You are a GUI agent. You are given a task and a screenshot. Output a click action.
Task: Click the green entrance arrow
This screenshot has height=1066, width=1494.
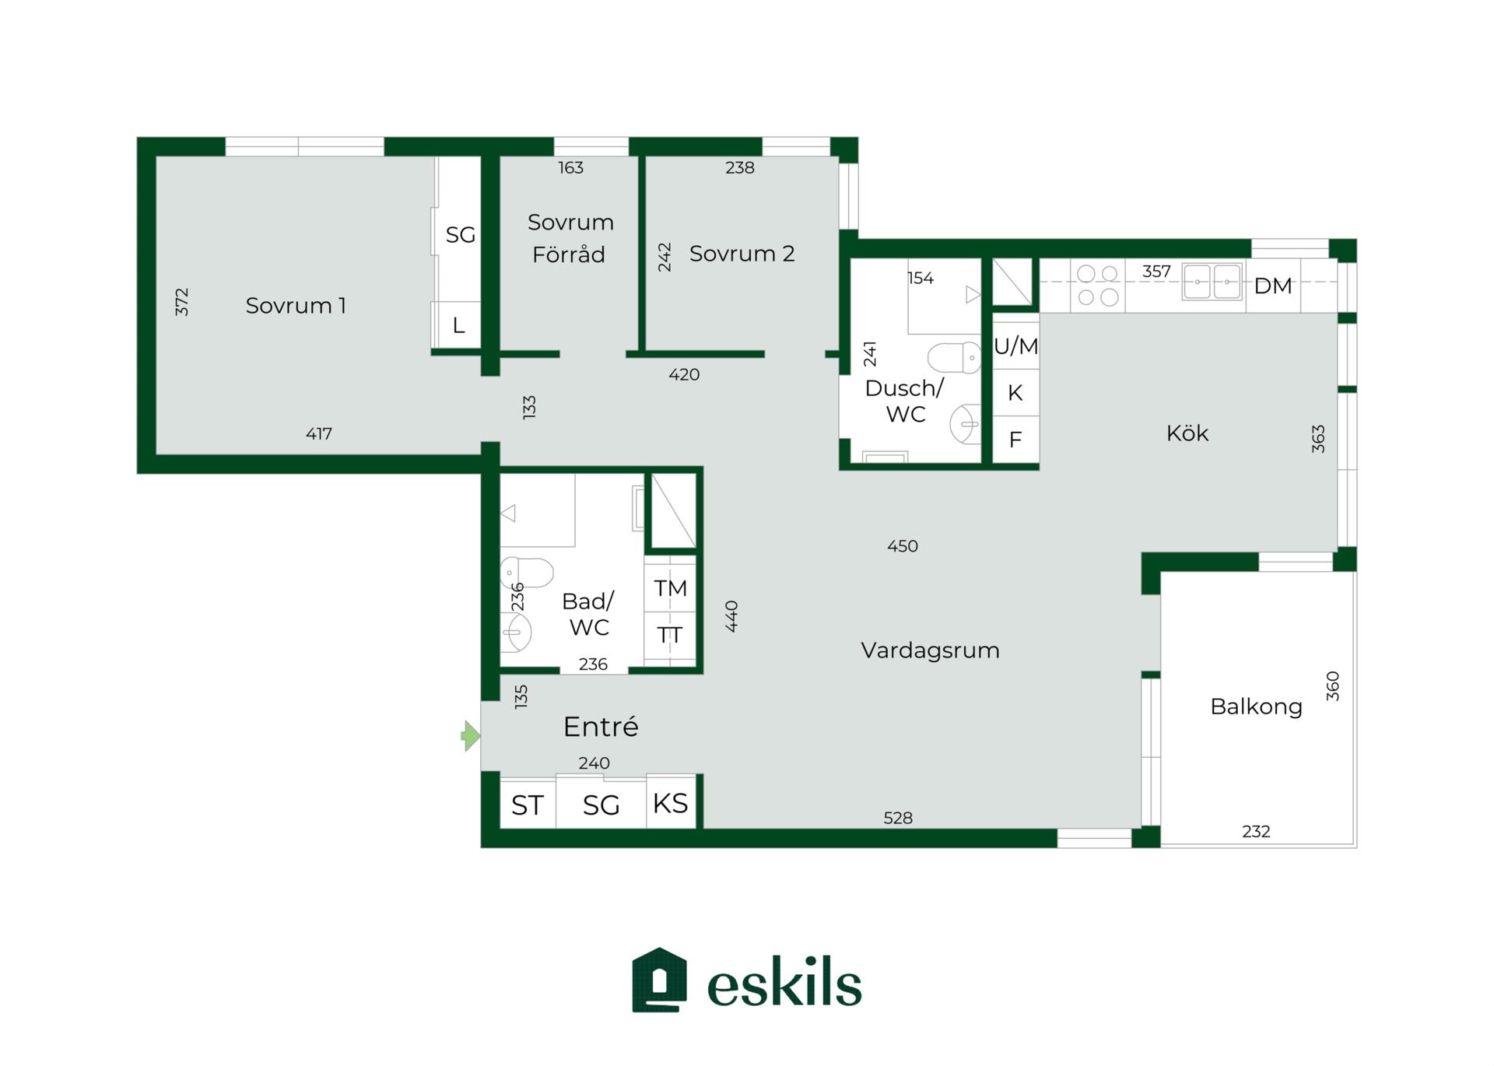(x=471, y=735)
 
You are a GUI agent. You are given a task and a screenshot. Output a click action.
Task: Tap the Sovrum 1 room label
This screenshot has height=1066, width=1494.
(x=296, y=306)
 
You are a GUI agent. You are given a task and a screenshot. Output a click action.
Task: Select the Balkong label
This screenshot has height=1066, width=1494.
(x=1256, y=707)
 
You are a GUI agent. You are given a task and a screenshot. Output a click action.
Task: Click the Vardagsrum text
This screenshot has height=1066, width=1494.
(x=930, y=650)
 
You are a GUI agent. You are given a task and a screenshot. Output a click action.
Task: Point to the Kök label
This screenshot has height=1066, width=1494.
(x=1187, y=433)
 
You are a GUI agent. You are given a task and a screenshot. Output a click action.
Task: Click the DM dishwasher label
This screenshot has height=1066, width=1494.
(x=1273, y=286)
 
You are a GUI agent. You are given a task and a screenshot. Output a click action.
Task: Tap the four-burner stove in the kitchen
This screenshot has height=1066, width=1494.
(x=1098, y=286)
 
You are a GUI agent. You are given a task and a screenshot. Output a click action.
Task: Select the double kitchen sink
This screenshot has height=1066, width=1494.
(x=1212, y=282)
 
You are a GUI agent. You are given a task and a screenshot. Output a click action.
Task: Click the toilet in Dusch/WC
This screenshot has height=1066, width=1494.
(x=954, y=358)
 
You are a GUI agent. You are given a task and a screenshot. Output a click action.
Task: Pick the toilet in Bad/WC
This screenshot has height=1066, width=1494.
(x=526, y=573)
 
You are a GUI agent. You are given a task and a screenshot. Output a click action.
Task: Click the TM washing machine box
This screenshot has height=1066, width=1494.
(x=670, y=588)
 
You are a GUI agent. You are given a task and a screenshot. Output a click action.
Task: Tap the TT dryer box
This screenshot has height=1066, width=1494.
(x=670, y=636)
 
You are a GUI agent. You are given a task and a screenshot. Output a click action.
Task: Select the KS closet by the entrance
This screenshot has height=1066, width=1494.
(x=671, y=803)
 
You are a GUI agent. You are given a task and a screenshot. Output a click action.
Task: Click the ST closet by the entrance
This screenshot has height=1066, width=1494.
(x=528, y=805)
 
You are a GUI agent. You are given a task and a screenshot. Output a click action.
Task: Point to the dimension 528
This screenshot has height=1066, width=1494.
(x=898, y=819)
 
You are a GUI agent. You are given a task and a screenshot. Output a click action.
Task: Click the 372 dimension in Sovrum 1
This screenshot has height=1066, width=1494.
(x=181, y=302)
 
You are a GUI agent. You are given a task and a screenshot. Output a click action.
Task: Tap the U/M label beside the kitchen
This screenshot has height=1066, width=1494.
(x=1015, y=346)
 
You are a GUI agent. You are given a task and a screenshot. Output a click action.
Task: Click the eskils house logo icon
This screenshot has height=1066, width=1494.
(x=659, y=980)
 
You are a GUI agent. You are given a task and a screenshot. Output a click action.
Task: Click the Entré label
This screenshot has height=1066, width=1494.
(x=601, y=727)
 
